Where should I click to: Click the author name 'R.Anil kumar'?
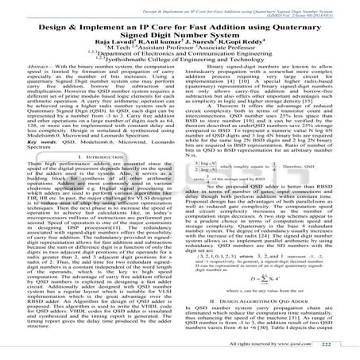(x=166, y=46)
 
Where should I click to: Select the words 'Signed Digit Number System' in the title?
(x=180, y=37)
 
